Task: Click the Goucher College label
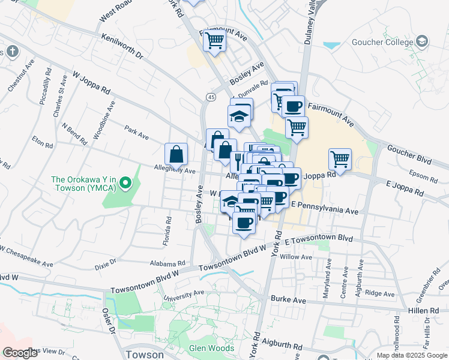[x=381, y=42]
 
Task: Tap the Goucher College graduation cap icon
[x=423, y=41]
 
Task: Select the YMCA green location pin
[x=125, y=182]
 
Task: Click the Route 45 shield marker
[x=210, y=97]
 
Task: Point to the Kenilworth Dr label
[x=122, y=46]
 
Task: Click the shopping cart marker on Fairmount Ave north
[x=214, y=41]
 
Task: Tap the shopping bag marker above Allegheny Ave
[x=177, y=154]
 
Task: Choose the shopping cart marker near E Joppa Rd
[x=340, y=160]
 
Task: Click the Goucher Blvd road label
[x=409, y=152]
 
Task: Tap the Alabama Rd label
[x=169, y=264]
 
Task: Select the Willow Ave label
[x=300, y=257]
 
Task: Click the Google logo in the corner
[x=20, y=353]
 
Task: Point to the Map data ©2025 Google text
[x=412, y=355]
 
